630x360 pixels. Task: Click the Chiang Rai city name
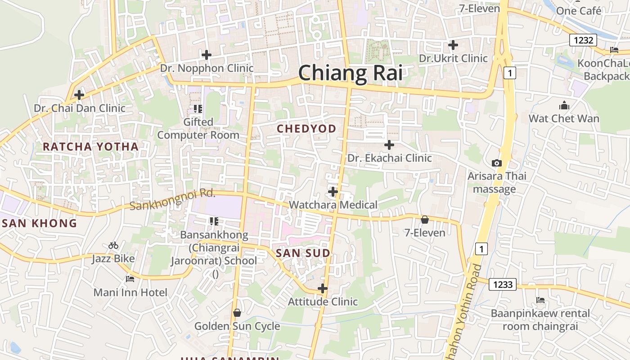[350, 73]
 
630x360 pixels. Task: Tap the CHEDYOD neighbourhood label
[306, 129]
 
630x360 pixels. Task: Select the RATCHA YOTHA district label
[90, 147]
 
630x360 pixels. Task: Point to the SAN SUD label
[303, 253]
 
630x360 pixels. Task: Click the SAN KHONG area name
[39, 223]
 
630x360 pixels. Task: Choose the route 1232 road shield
[583, 40]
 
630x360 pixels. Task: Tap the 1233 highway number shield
[503, 284]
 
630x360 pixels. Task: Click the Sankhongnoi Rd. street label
[172, 200]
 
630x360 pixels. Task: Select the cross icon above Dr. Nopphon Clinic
[207, 55]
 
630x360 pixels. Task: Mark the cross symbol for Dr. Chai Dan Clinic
[79, 95]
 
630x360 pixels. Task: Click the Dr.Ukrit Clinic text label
[453, 58]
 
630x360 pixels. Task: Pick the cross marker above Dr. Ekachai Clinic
[389, 145]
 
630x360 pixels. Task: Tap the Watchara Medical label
[333, 205]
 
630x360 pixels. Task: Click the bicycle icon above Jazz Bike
[113, 246]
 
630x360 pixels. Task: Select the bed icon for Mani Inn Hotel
[130, 279]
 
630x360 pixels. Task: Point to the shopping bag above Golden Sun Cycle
[237, 313]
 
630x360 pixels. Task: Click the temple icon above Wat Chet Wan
[564, 106]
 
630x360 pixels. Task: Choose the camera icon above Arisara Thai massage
[497, 163]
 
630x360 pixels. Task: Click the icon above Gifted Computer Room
[198, 108]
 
